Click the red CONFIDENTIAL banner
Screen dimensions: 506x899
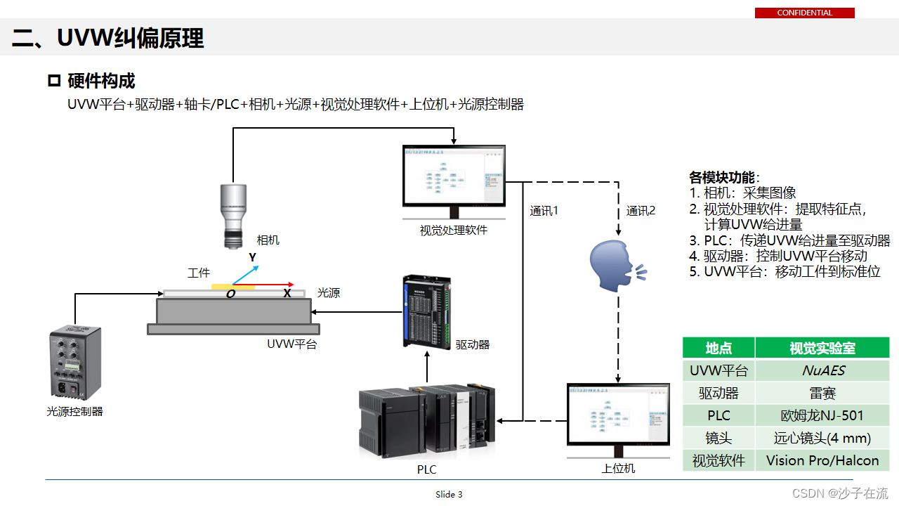(804, 13)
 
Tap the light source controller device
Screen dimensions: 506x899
(75, 364)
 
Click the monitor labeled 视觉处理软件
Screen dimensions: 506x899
(454, 177)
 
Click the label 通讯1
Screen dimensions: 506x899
(544, 211)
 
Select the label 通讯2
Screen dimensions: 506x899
(641, 211)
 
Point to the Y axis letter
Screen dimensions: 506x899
(252, 258)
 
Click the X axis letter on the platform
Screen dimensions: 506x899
(287, 294)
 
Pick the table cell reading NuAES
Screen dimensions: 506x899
(822, 370)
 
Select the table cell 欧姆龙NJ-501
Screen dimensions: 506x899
(822, 415)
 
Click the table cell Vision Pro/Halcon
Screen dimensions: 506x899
(822, 460)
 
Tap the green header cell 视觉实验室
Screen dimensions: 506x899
(822, 348)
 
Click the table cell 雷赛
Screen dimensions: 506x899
(822, 393)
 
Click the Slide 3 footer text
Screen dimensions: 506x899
(449, 494)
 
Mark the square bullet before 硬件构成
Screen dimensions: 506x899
(54, 81)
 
